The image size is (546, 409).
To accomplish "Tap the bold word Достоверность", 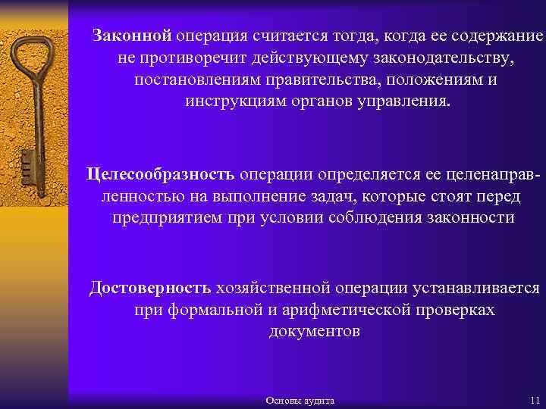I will point(150,289).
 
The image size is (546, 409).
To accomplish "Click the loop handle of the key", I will point(33,56).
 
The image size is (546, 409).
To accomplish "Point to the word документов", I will point(314,332).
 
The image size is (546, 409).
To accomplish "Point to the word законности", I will point(476,218).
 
